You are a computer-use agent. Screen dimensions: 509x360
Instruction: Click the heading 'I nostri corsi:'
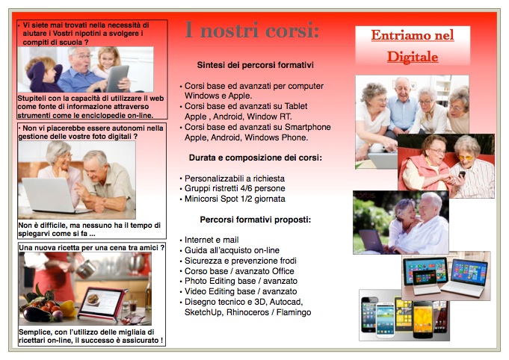point(252,30)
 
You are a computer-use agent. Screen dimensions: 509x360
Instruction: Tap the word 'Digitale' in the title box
point(413,57)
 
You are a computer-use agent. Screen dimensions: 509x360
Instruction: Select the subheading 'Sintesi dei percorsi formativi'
point(256,65)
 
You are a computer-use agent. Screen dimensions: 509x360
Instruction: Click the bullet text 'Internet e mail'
point(212,240)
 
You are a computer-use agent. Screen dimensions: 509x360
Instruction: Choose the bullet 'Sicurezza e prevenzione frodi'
point(240,261)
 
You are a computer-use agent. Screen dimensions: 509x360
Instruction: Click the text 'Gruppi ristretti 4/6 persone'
point(235,188)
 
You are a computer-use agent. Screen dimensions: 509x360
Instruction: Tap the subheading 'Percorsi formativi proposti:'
point(256,220)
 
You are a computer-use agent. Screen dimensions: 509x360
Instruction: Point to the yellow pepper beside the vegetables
point(68,308)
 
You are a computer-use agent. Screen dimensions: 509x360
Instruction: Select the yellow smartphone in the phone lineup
point(422,320)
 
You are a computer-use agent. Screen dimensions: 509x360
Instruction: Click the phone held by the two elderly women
point(462,174)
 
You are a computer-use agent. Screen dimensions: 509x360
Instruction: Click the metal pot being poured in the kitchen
point(86,269)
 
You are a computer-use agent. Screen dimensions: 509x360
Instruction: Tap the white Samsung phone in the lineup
point(385,320)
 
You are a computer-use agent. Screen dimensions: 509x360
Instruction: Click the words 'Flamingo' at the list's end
point(294,312)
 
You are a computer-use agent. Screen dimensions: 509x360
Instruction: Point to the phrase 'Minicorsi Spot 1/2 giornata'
point(235,199)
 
